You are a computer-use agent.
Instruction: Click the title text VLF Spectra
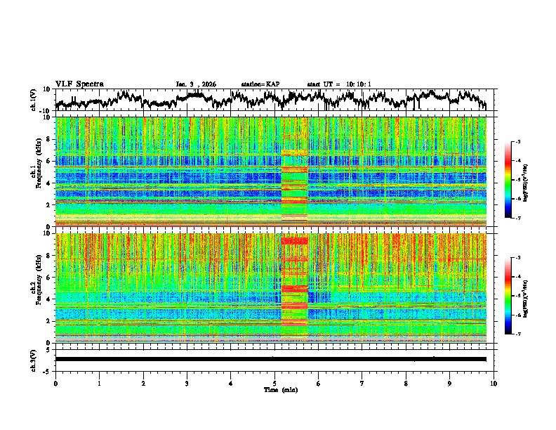pos(79,84)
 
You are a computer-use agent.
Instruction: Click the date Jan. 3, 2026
pos(196,84)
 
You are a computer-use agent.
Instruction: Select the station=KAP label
pos(260,84)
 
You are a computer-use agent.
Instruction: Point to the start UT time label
pos(339,84)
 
